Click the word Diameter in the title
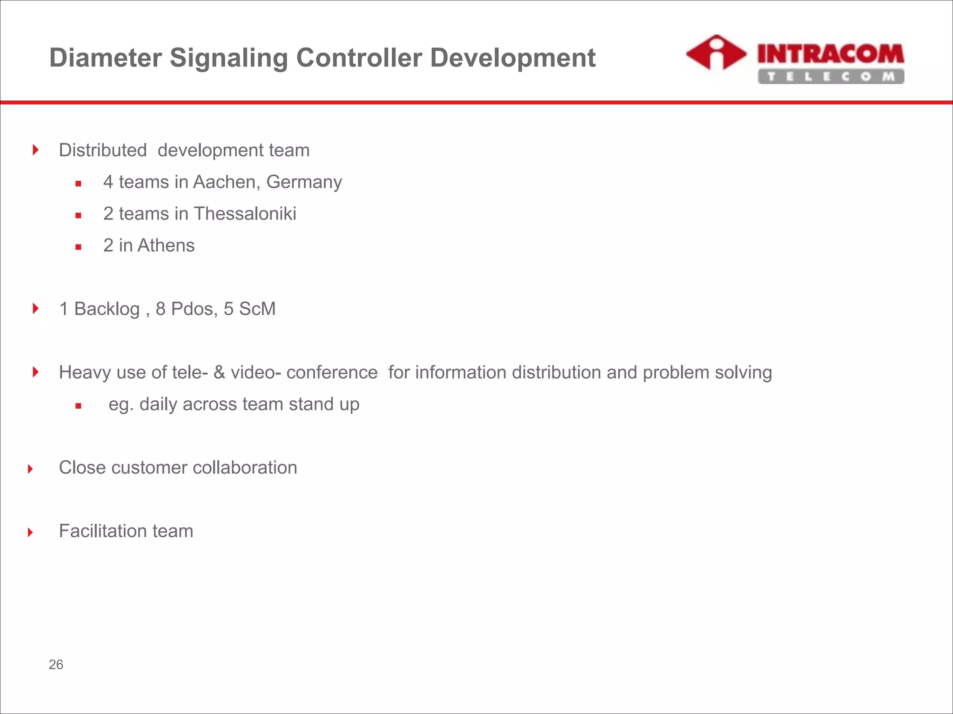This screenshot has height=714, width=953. [x=106, y=58]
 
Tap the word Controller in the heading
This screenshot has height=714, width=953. [x=359, y=58]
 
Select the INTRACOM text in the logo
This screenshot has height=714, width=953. [x=831, y=54]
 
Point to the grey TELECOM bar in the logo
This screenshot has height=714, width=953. [x=831, y=77]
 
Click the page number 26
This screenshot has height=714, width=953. [x=56, y=665]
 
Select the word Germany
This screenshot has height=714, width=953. [x=304, y=183]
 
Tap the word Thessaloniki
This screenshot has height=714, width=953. [x=245, y=214]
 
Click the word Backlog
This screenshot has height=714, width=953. [x=107, y=309]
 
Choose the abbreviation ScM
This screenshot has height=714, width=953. [x=257, y=309]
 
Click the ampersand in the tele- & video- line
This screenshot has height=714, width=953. [x=219, y=373]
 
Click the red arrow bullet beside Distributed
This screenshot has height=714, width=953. [x=36, y=150]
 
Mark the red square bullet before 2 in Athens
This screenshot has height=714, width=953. [x=78, y=247]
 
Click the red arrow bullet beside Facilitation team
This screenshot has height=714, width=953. [x=31, y=532]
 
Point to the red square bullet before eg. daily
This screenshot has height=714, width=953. [x=78, y=406]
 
